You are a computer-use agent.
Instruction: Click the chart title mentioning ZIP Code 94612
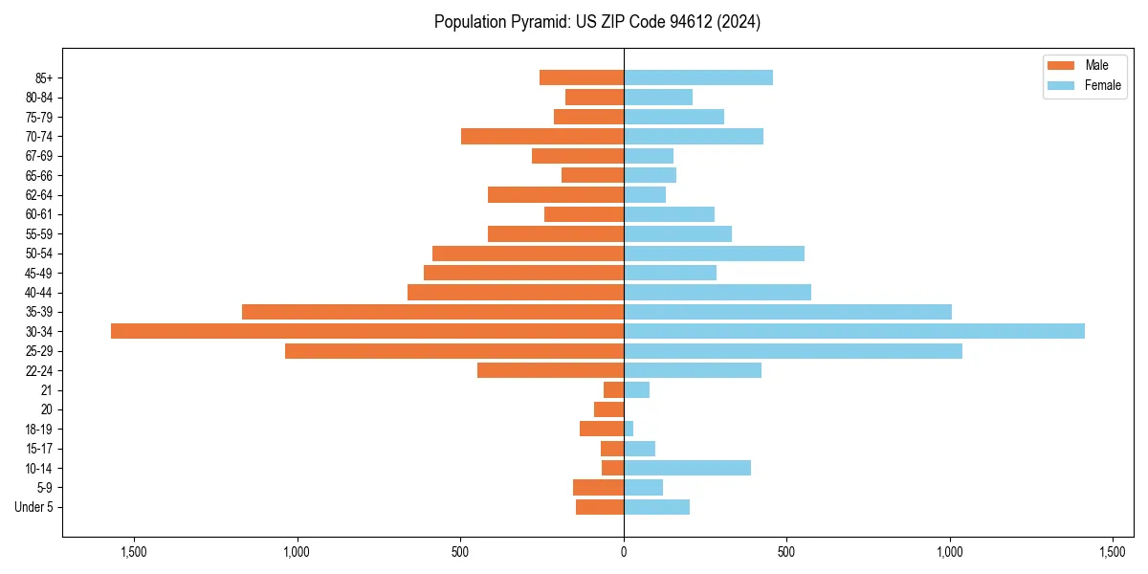click(597, 22)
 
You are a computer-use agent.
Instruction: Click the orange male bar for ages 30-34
click(367, 331)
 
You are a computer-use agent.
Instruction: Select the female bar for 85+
click(698, 77)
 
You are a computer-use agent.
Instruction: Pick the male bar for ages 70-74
click(542, 136)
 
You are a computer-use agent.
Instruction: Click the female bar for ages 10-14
click(687, 468)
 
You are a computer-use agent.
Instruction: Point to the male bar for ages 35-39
click(432, 312)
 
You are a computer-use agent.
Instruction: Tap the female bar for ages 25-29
click(792, 351)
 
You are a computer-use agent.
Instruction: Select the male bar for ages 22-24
click(550, 370)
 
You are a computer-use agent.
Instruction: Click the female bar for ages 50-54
click(714, 254)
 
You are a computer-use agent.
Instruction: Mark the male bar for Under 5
click(600, 507)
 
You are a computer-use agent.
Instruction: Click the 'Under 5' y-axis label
click(33, 507)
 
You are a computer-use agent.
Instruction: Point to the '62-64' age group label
click(38, 195)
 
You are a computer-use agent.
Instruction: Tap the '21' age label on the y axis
click(47, 390)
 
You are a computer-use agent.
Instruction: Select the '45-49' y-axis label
click(38, 273)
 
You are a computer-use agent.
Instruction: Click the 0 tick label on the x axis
click(624, 552)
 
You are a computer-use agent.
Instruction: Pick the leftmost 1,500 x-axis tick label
click(134, 552)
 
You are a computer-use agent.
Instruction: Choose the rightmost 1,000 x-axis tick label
click(950, 552)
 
